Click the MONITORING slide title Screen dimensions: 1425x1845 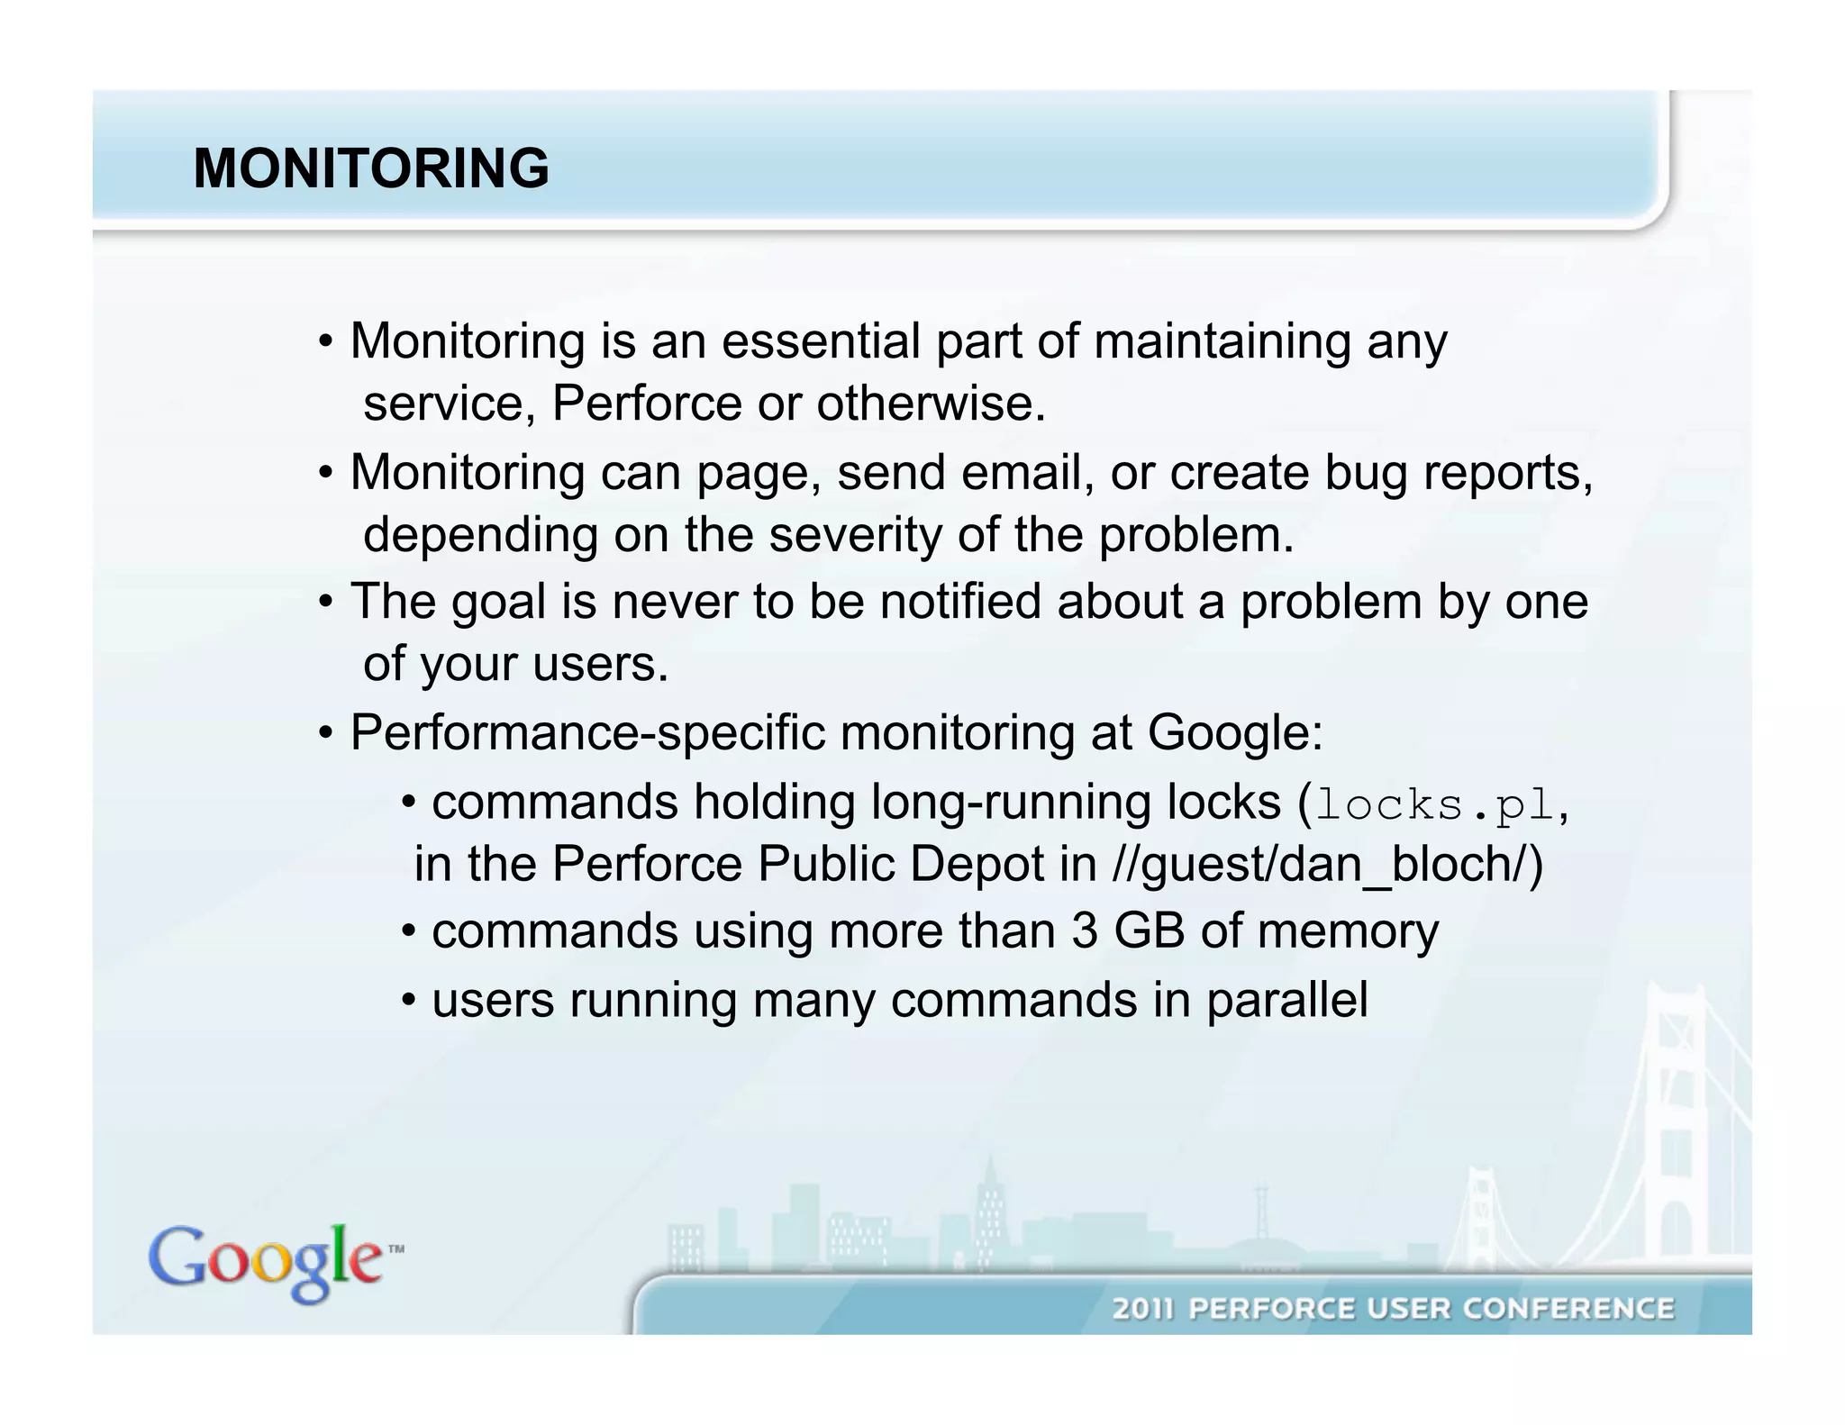370,168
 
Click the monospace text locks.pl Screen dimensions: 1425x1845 1435,804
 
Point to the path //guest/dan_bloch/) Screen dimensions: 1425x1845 1328,864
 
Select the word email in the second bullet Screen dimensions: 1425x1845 1027,472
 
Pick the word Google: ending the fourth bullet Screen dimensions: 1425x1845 1235,732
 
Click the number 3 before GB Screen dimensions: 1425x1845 1085,930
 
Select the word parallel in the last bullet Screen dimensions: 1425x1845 1287,1000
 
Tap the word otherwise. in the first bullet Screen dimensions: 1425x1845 931,403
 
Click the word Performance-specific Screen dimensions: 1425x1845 587,732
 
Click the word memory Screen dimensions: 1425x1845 1348,930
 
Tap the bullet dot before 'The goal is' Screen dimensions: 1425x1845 326,603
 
